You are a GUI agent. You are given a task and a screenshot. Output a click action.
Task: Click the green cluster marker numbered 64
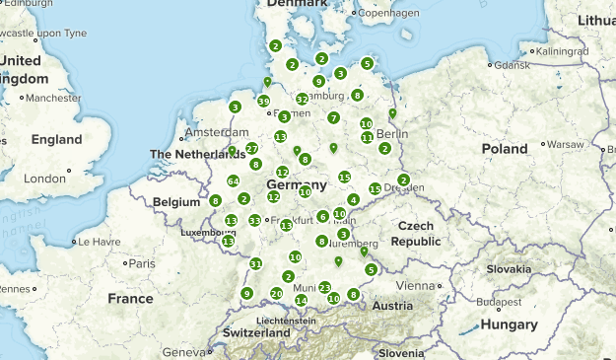point(233,181)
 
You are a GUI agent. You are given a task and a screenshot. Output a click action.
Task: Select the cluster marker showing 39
point(263,101)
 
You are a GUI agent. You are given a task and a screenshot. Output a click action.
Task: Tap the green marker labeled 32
point(302,100)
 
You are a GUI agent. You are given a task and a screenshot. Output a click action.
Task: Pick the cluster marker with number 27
point(251,148)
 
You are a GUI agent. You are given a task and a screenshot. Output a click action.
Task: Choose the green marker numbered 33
point(254,221)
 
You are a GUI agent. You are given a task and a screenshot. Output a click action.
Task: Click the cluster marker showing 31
point(255,263)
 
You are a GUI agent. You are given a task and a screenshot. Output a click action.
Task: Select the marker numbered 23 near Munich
point(324,287)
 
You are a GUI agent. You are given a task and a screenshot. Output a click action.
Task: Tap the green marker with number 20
point(276,294)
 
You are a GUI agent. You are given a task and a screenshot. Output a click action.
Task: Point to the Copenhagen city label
point(388,14)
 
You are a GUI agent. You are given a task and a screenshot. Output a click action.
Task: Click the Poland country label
point(505,149)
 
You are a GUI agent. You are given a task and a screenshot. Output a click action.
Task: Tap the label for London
point(44,179)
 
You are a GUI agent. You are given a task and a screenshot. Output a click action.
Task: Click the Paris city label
point(142,263)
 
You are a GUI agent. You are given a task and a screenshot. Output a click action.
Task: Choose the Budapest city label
point(497,303)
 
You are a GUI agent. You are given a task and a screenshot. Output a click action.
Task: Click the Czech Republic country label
point(415,233)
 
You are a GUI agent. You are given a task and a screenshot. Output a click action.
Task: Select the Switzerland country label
point(256,333)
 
